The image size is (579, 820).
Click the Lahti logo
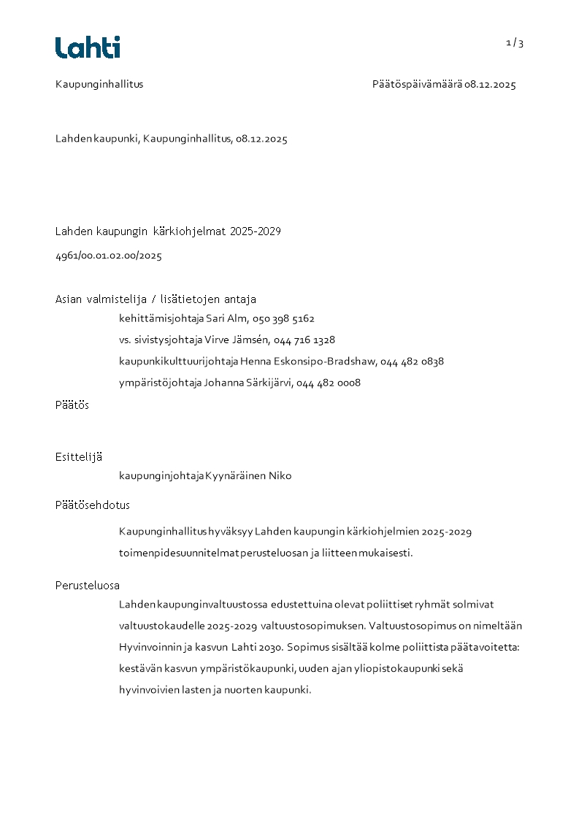pyautogui.click(x=88, y=47)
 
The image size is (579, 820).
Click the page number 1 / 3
pyautogui.click(x=515, y=43)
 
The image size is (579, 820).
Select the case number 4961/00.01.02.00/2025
pyautogui.click(x=109, y=256)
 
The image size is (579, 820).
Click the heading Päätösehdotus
pyautogui.click(x=93, y=505)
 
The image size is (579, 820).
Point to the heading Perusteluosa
pyautogui.click(x=88, y=586)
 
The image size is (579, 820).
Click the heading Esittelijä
pyautogui.click(x=79, y=457)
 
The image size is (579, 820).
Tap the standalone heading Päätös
pyautogui.click(x=72, y=405)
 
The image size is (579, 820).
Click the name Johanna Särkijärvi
pyautogui.click(x=247, y=383)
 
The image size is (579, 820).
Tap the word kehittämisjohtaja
pyautogui.click(x=161, y=319)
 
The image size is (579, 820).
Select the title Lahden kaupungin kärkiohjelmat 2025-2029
pyautogui.click(x=168, y=232)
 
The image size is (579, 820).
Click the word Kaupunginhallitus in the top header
pyautogui.click(x=99, y=85)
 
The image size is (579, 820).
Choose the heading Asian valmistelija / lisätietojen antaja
pyautogui.click(x=156, y=299)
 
